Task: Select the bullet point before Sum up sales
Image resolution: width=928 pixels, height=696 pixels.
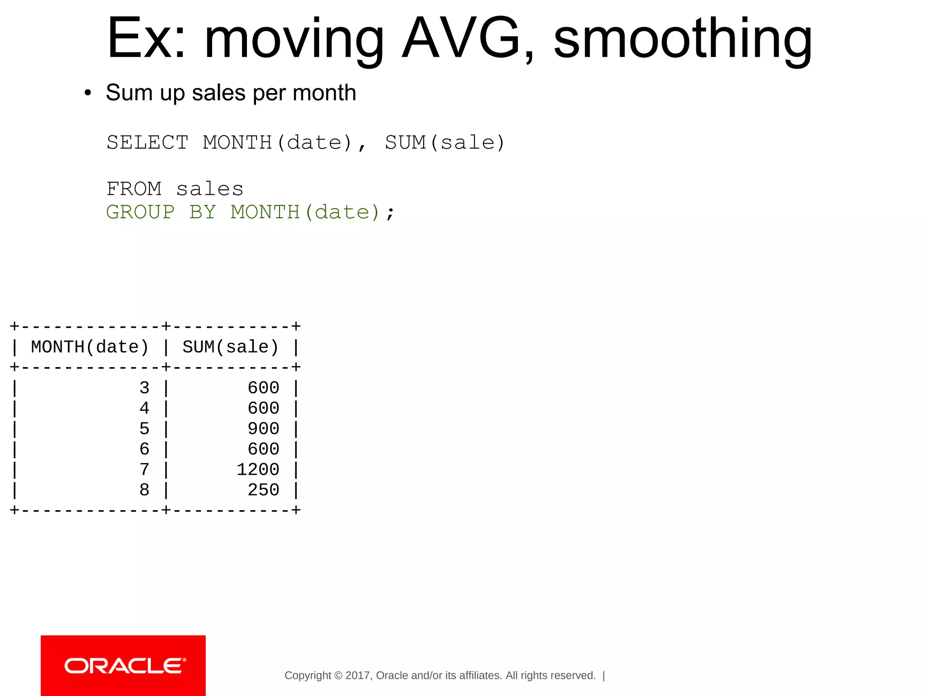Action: (88, 93)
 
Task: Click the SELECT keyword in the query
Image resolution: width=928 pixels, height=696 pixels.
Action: (147, 143)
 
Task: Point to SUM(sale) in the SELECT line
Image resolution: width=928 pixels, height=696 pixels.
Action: (445, 143)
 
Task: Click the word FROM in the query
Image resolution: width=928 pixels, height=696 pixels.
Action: (134, 189)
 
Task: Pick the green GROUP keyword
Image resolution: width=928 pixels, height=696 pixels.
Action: (140, 212)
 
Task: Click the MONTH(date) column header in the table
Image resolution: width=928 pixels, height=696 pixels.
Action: (90, 347)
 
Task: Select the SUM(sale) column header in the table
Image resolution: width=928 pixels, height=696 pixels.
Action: (231, 347)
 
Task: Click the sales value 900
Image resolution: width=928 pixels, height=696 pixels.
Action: (263, 429)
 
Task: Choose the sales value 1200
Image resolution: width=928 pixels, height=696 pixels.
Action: (258, 469)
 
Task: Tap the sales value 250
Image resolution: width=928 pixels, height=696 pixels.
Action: (263, 490)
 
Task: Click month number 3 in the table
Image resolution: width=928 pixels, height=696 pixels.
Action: (144, 388)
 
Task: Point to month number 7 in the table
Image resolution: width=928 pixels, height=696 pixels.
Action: (144, 469)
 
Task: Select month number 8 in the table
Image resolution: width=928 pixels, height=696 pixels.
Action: (144, 490)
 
